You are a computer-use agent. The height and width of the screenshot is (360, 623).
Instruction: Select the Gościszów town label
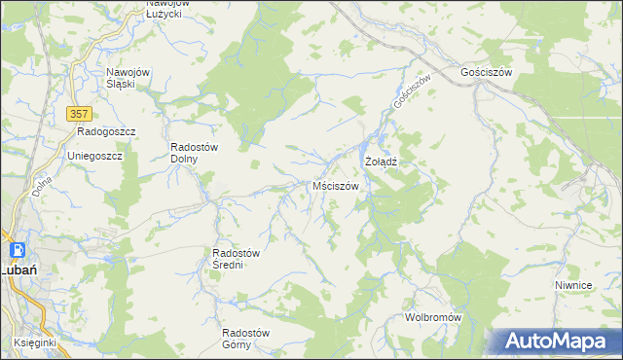[x=493, y=72]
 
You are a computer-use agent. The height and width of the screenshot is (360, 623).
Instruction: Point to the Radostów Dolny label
[x=198, y=153]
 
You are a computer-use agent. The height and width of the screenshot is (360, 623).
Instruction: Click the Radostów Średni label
[x=237, y=259]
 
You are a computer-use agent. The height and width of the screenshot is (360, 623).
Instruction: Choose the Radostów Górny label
[x=245, y=338]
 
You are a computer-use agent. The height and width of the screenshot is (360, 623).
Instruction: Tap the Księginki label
[x=36, y=342]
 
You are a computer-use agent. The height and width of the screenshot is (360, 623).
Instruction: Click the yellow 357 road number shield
[x=80, y=114]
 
